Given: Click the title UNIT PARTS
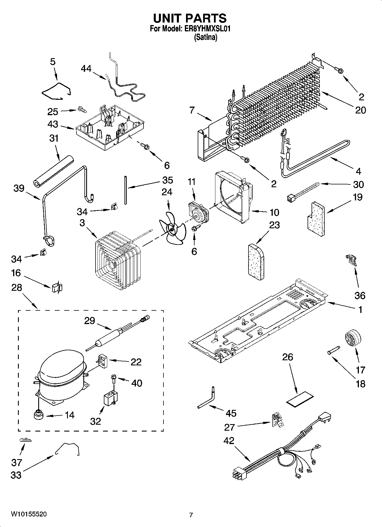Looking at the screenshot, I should [x=190, y=18].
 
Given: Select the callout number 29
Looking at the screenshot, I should [x=90, y=321].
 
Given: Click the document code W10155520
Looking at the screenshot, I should [x=29, y=514].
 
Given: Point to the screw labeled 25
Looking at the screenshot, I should [x=82, y=109].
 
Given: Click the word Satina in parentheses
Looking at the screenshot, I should [x=206, y=37].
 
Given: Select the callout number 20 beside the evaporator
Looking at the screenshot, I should [x=361, y=110].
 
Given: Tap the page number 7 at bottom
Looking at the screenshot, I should [x=191, y=515].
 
